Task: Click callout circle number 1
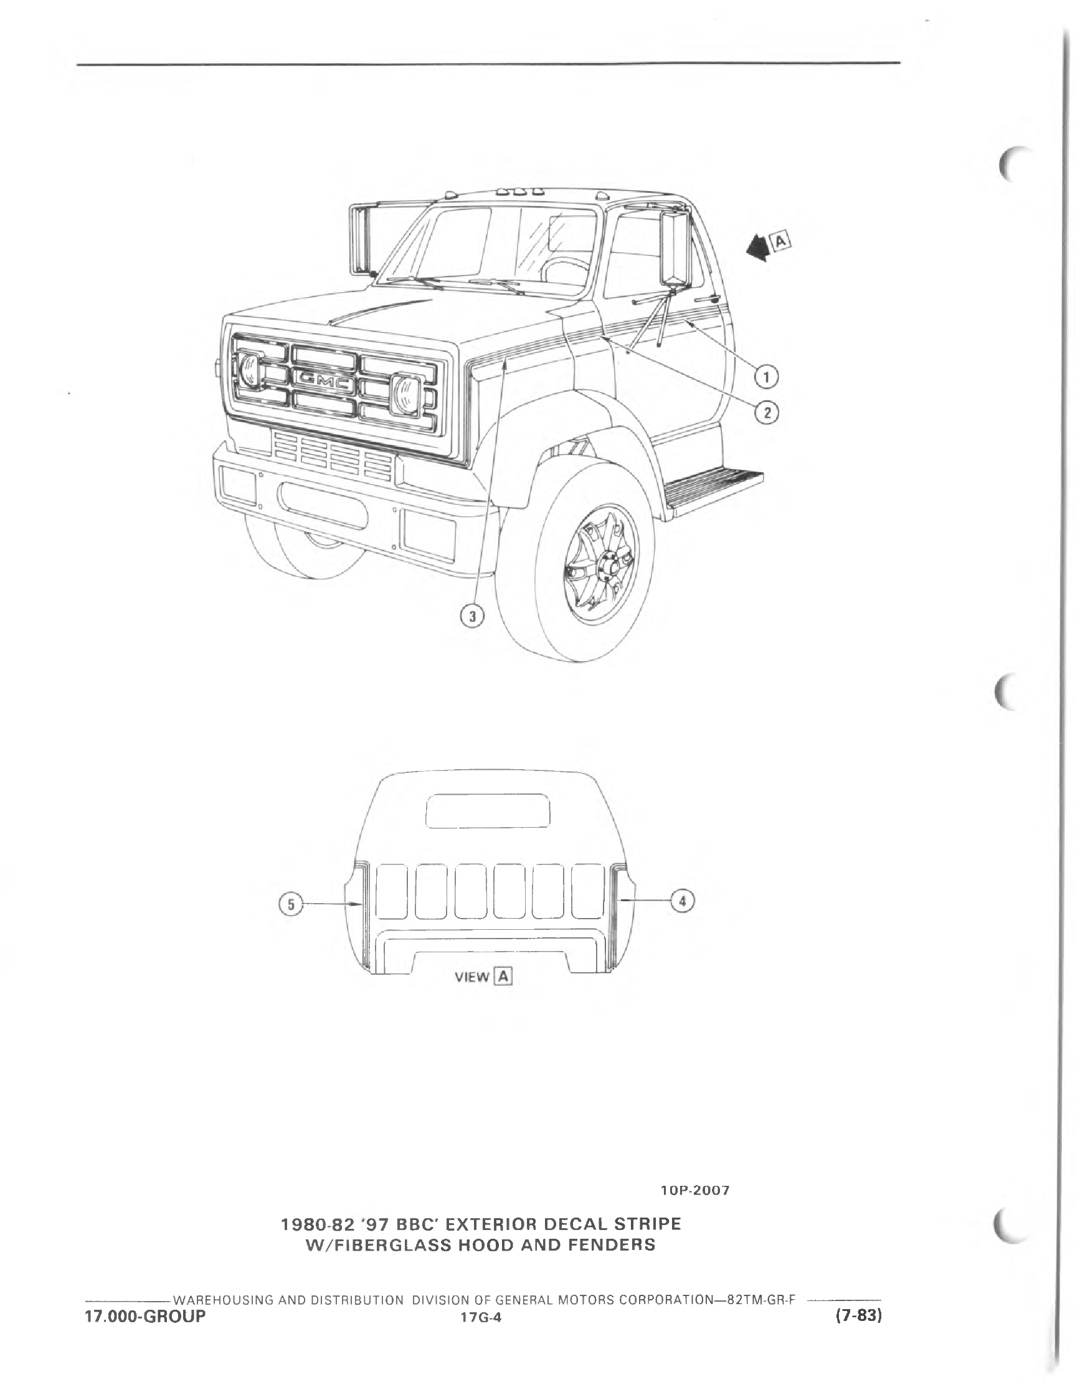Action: (767, 378)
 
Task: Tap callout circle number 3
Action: (472, 615)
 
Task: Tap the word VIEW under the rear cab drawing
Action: (472, 977)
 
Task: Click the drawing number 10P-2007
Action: (694, 1190)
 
